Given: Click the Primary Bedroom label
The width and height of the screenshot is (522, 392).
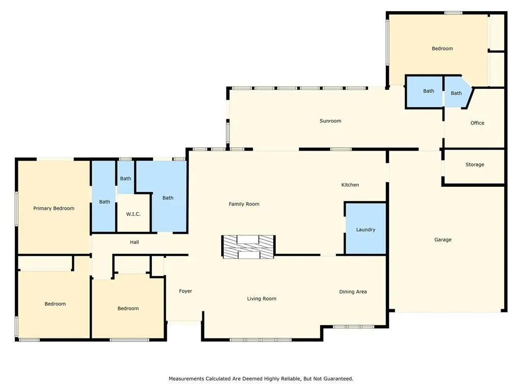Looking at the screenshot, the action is tap(54, 208).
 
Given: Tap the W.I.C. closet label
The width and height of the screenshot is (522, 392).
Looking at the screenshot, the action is tap(133, 214).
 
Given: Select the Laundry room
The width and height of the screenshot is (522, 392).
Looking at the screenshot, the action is tap(366, 229).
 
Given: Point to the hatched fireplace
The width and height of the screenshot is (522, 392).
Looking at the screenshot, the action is tap(248, 247).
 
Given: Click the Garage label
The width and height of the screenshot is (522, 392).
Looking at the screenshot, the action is tap(443, 240).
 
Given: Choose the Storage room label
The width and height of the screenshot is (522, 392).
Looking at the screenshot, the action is tap(475, 164).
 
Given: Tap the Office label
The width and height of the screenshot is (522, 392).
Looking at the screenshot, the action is tap(477, 123).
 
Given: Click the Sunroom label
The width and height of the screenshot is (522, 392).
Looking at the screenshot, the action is tap(330, 120).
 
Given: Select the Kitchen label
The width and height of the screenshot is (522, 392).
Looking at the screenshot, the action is tap(350, 185).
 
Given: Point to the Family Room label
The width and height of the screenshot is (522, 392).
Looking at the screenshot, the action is tap(244, 204).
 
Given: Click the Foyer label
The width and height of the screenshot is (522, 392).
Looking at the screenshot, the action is tap(186, 291).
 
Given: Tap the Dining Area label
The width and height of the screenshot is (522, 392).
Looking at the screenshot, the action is tap(353, 291).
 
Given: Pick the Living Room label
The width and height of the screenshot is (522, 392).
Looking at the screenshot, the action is tap(262, 299).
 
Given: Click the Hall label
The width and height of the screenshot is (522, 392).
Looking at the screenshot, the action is tap(135, 242).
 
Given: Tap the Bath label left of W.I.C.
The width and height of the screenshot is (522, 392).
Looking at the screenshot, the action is tap(105, 202).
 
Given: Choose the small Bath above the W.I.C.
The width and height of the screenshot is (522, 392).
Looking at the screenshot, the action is tap(125, 178).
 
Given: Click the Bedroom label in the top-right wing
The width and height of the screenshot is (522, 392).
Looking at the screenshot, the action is tap(442, 48).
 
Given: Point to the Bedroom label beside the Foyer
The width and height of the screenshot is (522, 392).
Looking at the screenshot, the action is tap(128, 308).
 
